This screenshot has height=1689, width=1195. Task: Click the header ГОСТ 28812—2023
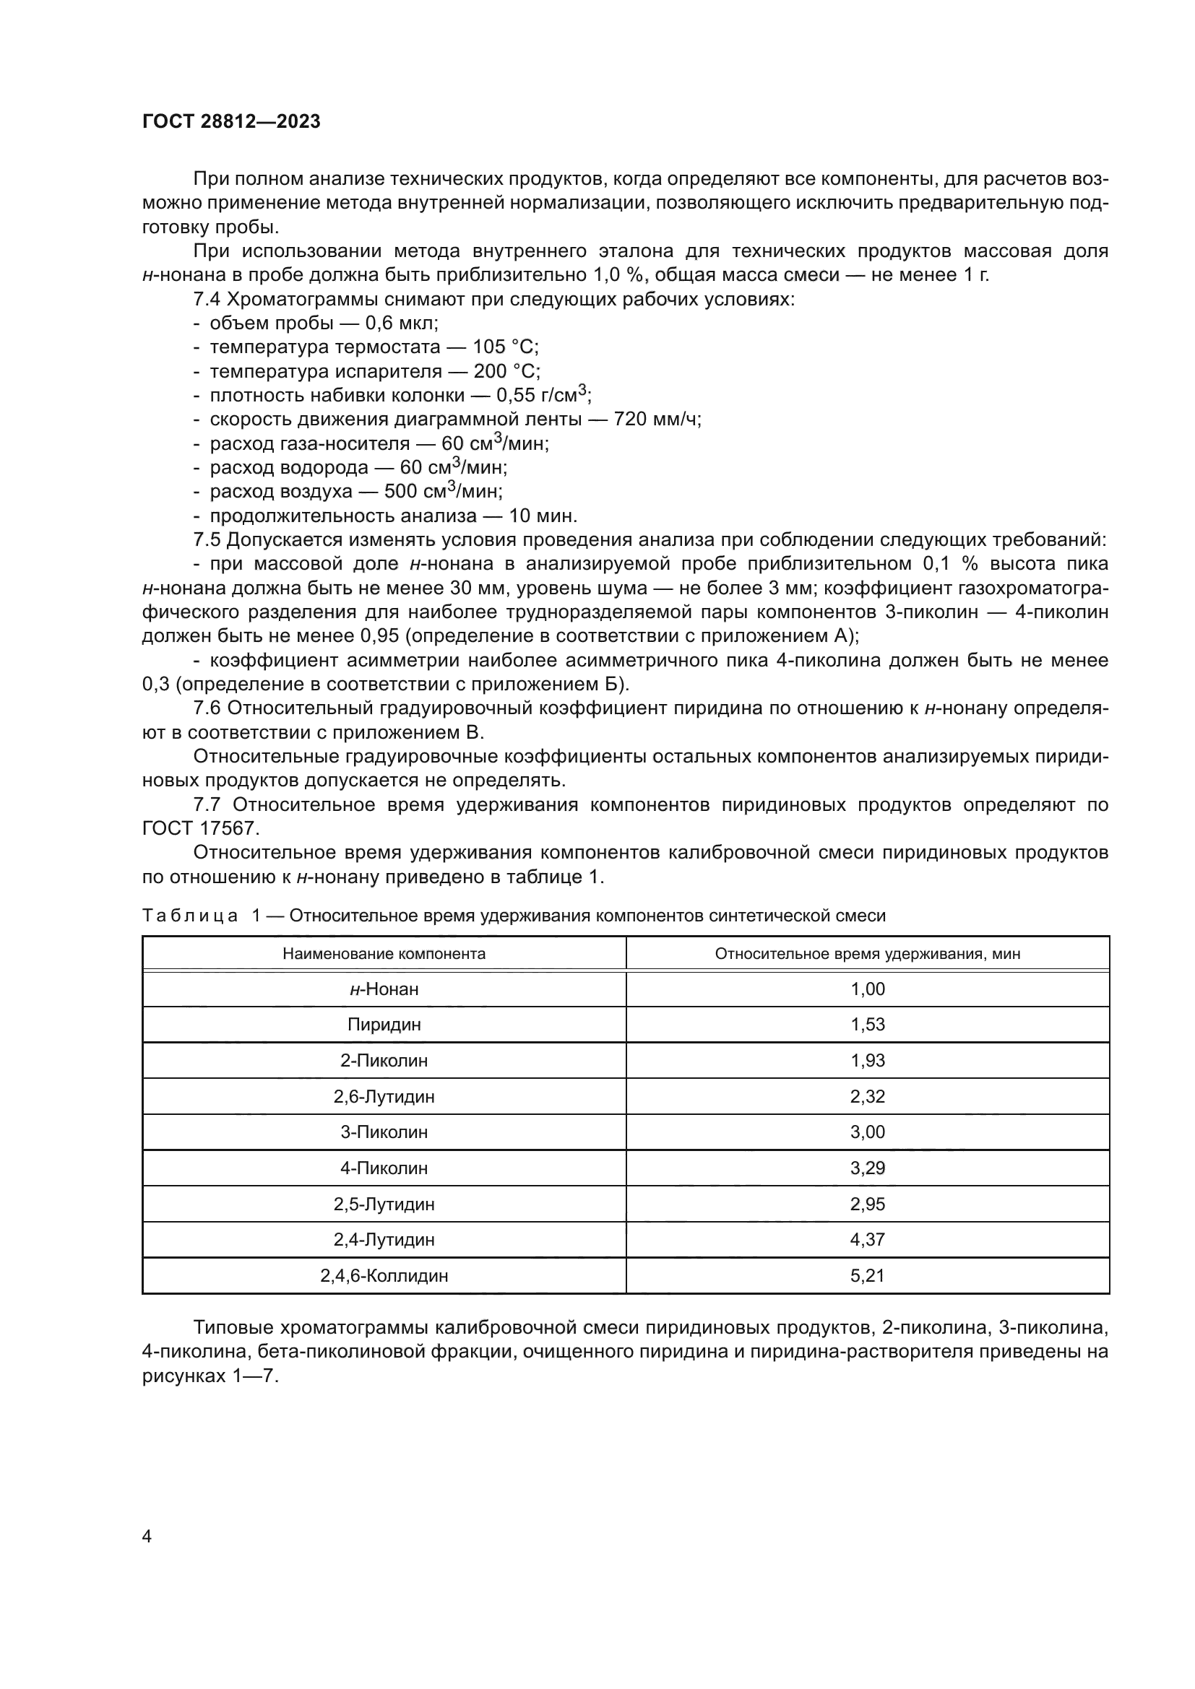click(231, 122)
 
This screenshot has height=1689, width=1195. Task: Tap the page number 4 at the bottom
click(147, 1536)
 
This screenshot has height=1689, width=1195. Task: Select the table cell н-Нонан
click(384, 989)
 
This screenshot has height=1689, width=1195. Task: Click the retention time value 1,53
click(868, 1025)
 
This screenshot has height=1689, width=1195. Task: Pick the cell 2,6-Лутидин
click(384, 1097)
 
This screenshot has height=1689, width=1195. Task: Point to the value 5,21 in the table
click(868, 1275)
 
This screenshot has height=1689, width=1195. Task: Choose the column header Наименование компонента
click(384, 954)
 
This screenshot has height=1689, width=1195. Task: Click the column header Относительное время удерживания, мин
click(868, 954)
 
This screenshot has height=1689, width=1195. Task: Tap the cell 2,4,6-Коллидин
click(384, 1275)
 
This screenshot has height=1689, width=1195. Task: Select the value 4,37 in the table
click(868, 1240)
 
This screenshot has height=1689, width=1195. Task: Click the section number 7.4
click(207, 300)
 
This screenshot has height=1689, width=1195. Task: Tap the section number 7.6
click(207, 708)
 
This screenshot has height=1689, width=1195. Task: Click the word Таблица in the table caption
click(190, 916)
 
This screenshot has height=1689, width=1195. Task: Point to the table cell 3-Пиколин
click(384, 1132)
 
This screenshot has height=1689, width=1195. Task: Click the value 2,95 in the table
click(868, 1204)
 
